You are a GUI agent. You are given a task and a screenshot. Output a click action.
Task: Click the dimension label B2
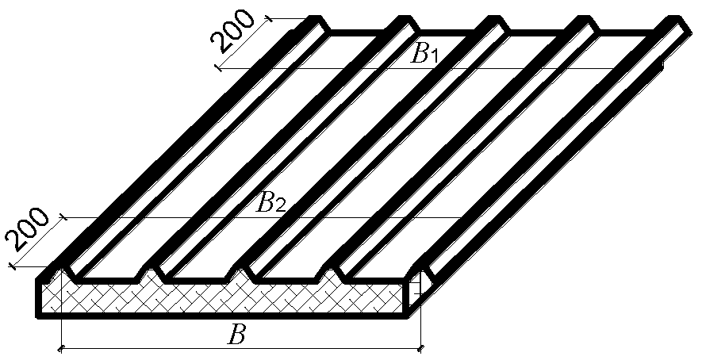coord(270,205)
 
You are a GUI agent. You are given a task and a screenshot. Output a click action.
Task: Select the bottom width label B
coord(235,335)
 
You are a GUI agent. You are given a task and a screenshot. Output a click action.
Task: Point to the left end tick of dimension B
coord(61,347)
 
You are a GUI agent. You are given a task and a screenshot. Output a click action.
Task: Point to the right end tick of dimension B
coord(420,347)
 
